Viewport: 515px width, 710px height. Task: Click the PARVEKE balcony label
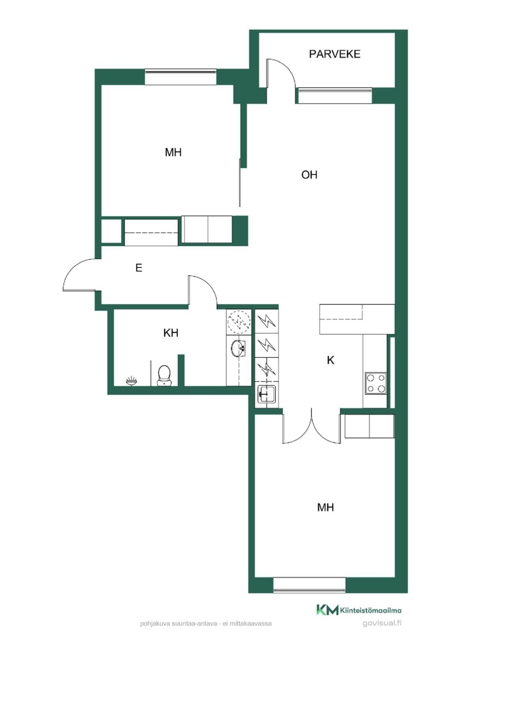(x=335, y=54)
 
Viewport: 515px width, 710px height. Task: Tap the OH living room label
(x=309, y=175)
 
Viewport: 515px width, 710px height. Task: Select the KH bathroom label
(x=171, y=333)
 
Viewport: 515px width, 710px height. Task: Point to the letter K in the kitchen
(x=331, y=360)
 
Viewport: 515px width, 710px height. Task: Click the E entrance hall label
(x=138, y=268)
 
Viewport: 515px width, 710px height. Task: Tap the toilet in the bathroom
(x=164, y=375)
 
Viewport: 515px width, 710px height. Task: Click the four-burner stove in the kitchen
(x=376, y=383)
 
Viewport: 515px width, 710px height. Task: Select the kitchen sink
(x=267, y=394)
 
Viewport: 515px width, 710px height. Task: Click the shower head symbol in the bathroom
(x=131, y=380)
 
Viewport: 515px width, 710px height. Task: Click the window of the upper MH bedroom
(x=180, y=77)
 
